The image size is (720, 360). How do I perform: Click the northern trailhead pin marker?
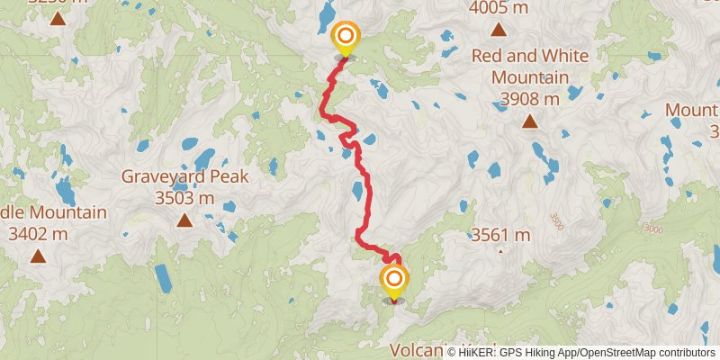tap(345, 39)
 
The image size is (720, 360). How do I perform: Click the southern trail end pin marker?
tap(393, 282)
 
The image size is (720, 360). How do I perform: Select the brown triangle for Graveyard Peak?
tap(184, 220)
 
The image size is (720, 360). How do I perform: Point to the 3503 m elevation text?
tap(184, 197)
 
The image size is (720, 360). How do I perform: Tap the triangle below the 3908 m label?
tap(530, 121)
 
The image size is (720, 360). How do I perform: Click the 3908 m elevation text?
tap(530, 97)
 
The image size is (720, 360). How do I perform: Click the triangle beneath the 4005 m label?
tap(499, 31)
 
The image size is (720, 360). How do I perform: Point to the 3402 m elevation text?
tap(38, 234)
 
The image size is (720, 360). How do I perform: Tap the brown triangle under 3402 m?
tap(38, 256)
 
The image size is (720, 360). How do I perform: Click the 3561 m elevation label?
tap(501, 236)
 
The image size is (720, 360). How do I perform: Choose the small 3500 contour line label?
tap(556, 220)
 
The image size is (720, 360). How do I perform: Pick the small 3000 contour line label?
tap(653, 230)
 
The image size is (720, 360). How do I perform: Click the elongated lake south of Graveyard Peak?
tap(163, 279)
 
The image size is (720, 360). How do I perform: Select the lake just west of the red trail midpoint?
tap(358, 190)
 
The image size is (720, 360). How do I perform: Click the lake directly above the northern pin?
tap(326, 13)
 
